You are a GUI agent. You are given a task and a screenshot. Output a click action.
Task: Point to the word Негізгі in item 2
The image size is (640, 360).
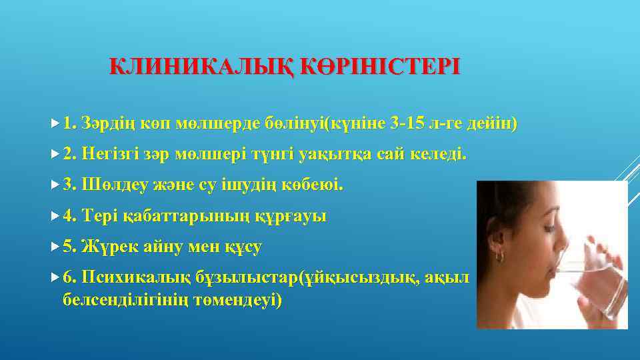point(110,155)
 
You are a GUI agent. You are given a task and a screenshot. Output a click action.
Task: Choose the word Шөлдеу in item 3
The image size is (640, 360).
point(109,185)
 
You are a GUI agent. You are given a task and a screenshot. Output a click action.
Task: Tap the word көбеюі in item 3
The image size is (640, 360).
point(316,185)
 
